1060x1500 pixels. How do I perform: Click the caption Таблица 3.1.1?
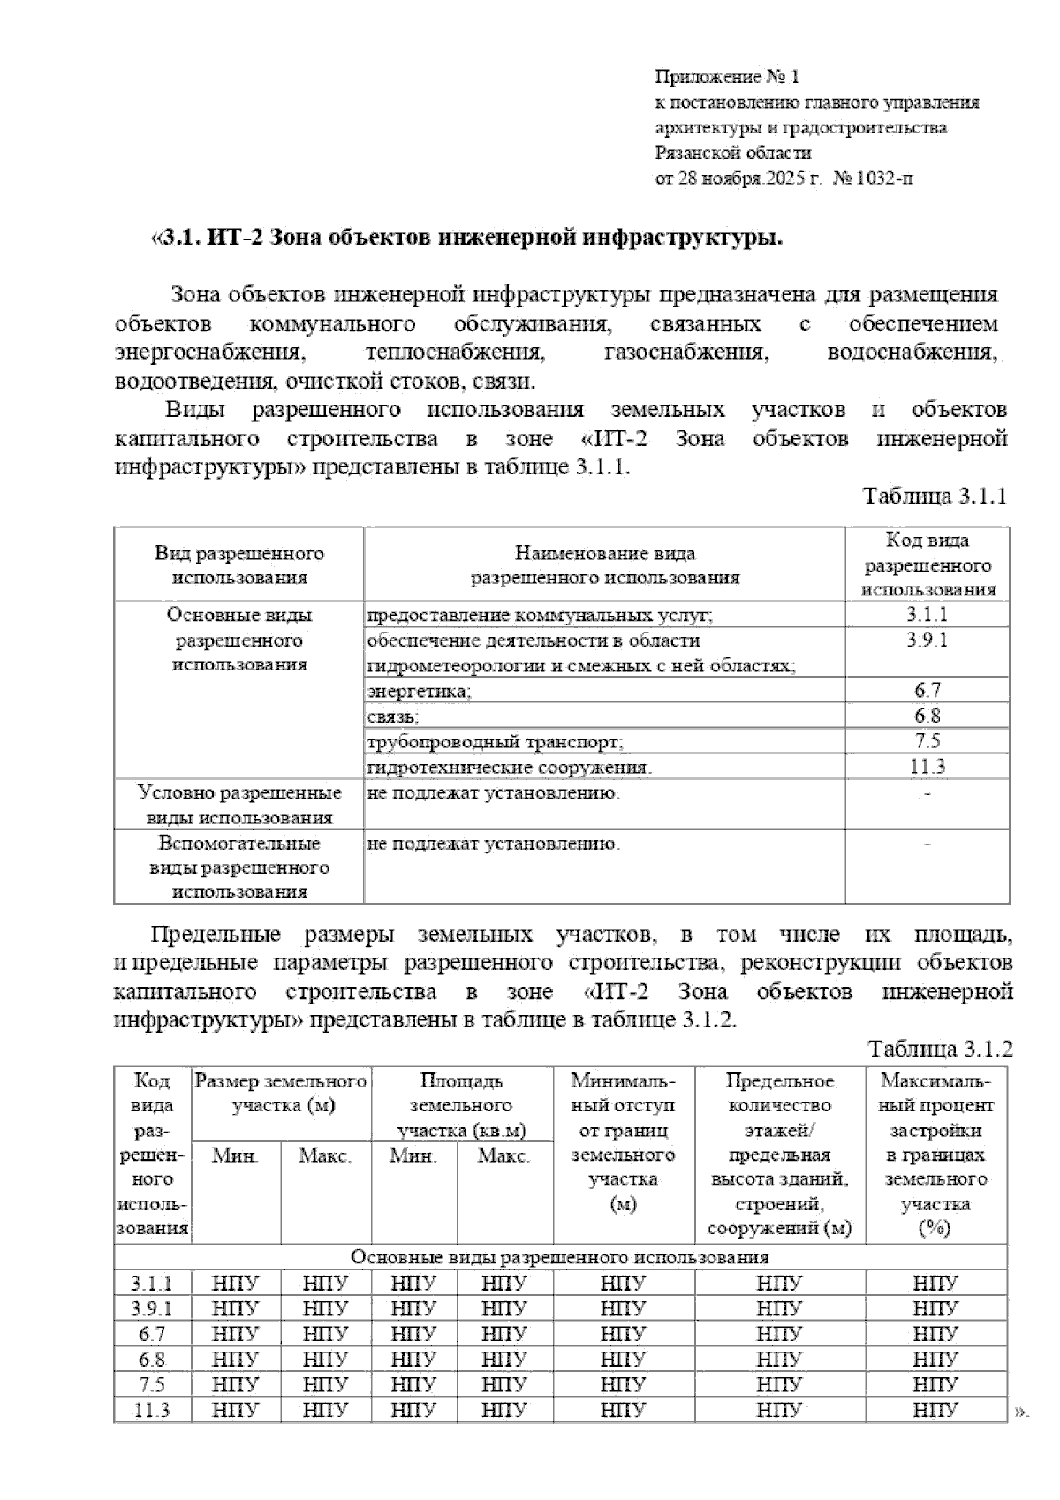(x=935, y=496)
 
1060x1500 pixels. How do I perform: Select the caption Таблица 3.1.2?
(x=940, y=1049)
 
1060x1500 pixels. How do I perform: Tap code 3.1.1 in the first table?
(x=927, y=615)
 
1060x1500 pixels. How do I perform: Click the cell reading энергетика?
(x=420, y=691)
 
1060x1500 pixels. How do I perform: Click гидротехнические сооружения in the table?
(x=509, y=767)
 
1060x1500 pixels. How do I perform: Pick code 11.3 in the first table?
(x=927, y=767)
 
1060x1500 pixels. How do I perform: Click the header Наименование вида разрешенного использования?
(x=604, y=565)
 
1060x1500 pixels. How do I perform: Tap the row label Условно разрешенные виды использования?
(x=239, y=805)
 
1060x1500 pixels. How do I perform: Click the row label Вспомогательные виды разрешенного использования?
(x=239, y=867)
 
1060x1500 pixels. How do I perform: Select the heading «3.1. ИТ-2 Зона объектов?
(x=468, y=239)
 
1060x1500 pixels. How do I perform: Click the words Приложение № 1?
(x=727, y=77)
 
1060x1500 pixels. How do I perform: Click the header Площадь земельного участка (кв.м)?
(x=461, y=1104)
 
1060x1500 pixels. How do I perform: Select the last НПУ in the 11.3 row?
(x=935, y=1410)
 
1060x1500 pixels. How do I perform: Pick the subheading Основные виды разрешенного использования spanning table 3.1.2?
(x=560, y=1257)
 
